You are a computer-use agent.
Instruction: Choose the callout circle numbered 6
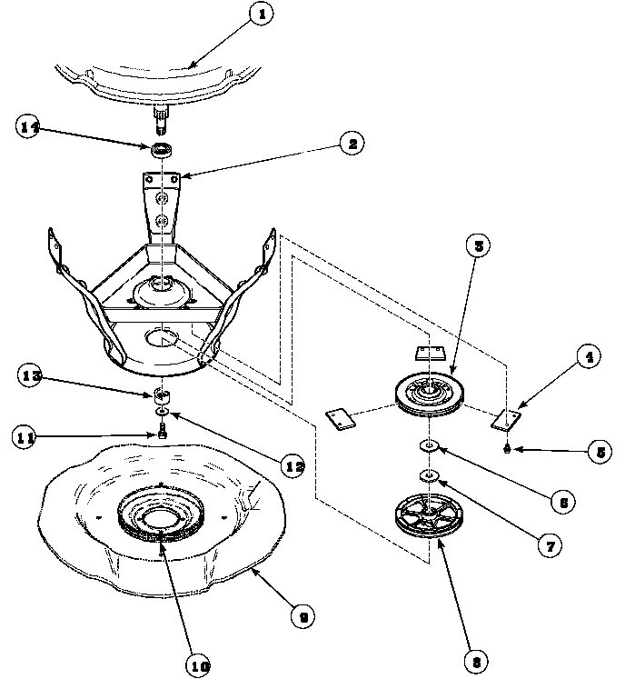click(564, 501)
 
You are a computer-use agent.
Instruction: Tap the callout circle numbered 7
click(549, 545)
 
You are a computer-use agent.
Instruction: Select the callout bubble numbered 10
click(199, 665)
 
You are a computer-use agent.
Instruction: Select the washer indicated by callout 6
click(429, 445)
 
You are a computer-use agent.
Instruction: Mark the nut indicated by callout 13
click(163, 394)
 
